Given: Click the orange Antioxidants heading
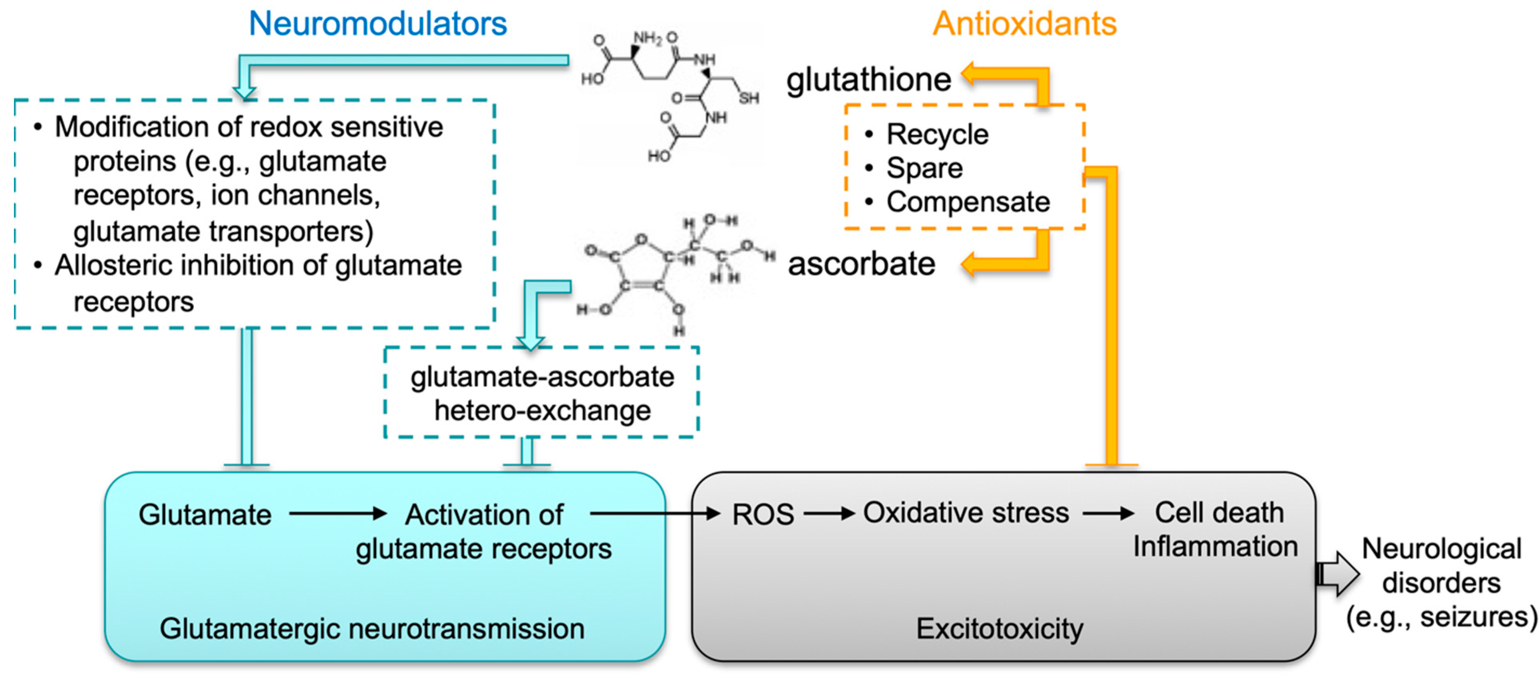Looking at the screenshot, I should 1024,24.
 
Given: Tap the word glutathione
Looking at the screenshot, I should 868,79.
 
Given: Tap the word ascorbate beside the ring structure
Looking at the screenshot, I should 861,264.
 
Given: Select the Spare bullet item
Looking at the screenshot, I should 924,168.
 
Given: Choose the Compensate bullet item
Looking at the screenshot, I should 967,202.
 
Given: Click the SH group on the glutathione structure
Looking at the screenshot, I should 749,98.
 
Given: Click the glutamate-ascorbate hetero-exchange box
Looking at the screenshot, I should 542,393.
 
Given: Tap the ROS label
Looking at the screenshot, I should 763,514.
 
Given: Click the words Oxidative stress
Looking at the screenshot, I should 966,513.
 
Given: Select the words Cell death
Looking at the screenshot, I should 1219,513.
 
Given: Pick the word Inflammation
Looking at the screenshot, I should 1215,547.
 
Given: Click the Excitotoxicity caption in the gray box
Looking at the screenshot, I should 1000,628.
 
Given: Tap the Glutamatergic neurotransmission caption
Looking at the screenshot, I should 372,628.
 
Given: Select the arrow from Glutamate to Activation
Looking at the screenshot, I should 338,513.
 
